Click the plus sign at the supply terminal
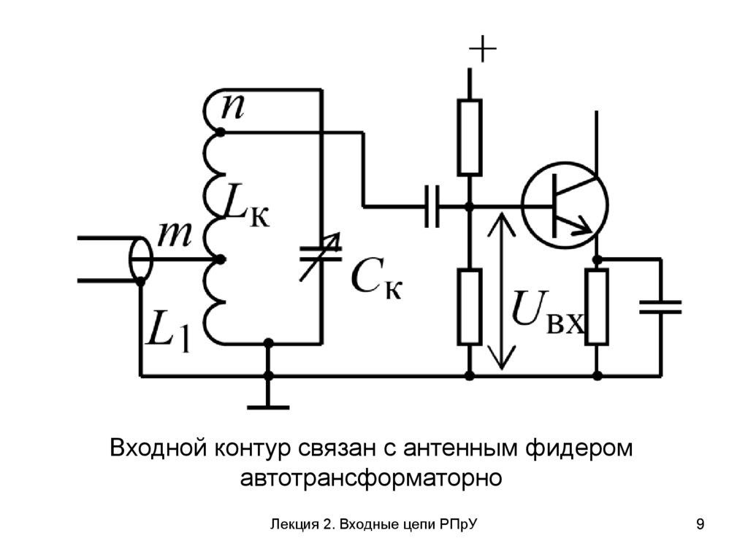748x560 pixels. click(483, 50)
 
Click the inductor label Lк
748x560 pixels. click(245, 210)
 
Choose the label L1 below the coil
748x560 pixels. click(169, 332)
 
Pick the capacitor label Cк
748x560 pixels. click(375, 281)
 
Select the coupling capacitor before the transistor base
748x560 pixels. click(432, 206)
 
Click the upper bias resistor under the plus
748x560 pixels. click(470, 137)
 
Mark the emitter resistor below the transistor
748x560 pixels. click(598, 307)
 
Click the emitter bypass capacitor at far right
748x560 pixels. click(660, 307)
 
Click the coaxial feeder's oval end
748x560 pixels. click(140, 258)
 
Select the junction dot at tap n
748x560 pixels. click(218, 133)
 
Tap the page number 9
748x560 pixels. click(701, 524)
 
